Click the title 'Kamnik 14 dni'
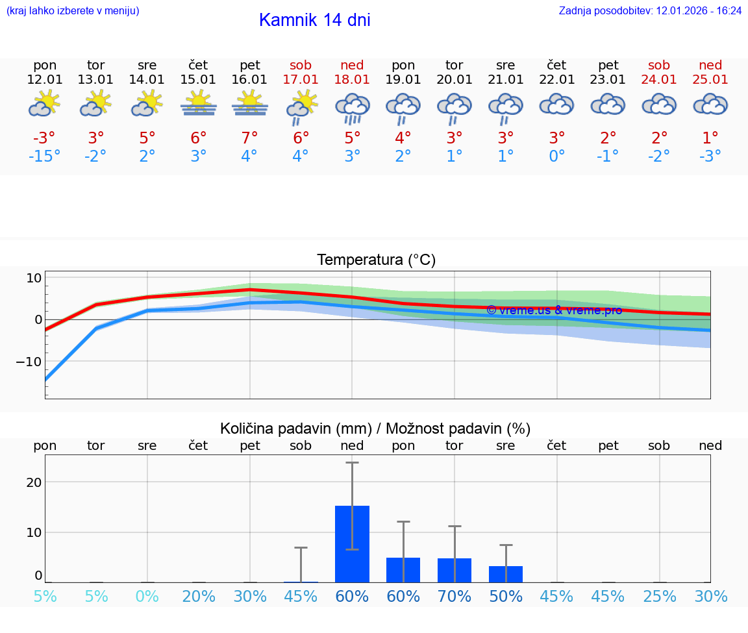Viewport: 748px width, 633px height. [314, 20]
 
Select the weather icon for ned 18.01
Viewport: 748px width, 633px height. [352, 107]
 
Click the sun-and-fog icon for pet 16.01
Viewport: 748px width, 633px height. [250, 103]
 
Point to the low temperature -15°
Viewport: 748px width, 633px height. [45, 156]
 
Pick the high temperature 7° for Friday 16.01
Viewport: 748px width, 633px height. [250, 138]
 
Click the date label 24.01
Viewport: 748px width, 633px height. [659, 79]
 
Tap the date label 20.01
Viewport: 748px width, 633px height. [455, 79]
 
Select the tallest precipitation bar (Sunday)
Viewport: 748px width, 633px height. [352, 544]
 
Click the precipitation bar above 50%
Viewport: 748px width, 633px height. [506, 574]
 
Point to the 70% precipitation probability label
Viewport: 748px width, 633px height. [455, 596]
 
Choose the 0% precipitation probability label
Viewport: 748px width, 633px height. [147, 596]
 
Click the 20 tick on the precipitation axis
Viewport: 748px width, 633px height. [34, 482]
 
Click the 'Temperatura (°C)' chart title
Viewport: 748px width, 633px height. [376, 260]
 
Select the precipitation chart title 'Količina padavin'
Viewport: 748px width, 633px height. [375, 428]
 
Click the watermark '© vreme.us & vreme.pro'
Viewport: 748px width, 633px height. [554, 310]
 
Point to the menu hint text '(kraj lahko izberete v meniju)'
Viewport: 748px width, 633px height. [73, 10]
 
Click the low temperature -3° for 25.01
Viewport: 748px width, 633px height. [710, 156]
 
